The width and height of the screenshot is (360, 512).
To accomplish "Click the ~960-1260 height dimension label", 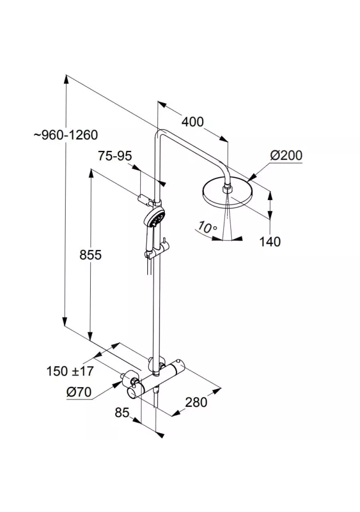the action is click(66, 134).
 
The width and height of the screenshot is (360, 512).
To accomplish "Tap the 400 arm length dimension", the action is click(193, 122).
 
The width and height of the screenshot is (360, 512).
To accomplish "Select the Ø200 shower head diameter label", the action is click(286, 155).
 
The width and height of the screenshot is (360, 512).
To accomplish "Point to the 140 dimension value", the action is click(270, 242).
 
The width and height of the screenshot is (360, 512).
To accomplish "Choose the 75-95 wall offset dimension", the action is click(115, 156).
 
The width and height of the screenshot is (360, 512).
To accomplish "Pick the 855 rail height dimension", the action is click(91, 255).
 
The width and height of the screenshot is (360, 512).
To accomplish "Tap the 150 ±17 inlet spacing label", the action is click(70, 371).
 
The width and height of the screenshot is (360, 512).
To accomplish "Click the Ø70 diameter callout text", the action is click(79, 391).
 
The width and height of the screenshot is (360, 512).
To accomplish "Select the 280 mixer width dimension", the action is click(196, 402).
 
